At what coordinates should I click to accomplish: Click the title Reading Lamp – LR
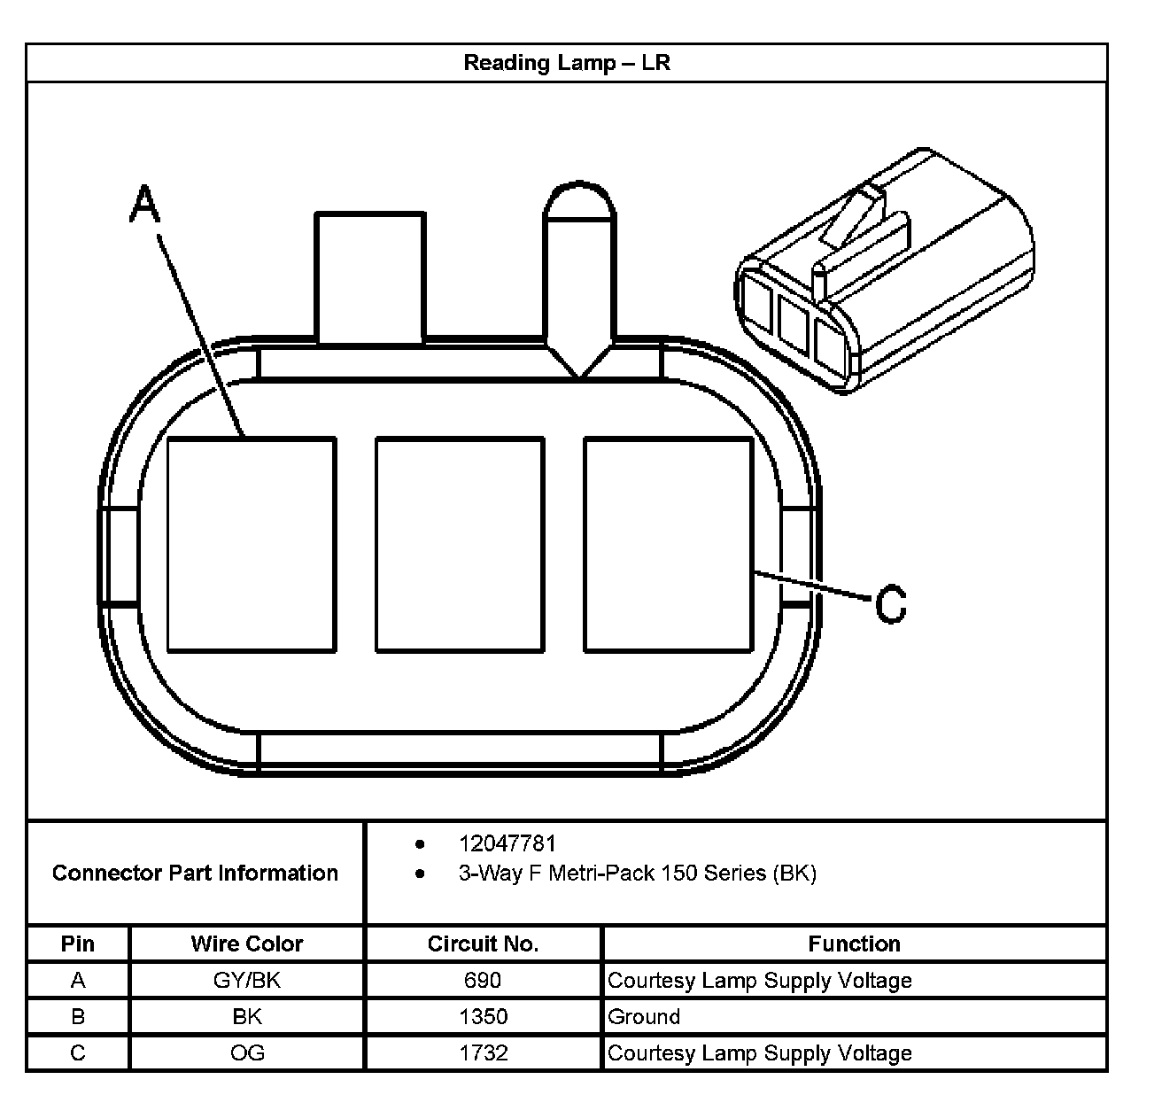point(567,63)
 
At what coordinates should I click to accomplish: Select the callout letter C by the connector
point(891,604)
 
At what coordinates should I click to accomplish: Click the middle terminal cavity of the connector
point(460,544)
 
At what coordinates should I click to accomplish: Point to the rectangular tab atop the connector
point(370,276)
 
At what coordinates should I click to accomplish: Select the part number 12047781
point(507,843)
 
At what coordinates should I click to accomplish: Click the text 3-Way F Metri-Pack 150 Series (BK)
point(637,874)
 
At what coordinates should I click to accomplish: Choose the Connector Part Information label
point(195,874)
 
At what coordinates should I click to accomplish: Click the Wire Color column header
point(246,944)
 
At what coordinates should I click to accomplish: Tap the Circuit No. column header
point(483,944)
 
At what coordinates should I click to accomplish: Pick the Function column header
point(854,944)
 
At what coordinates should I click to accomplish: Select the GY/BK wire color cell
point(246,981)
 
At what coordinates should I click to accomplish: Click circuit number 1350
point(483,1017)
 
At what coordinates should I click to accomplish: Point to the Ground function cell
point(644,1017)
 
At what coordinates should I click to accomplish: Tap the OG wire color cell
point(246,1053)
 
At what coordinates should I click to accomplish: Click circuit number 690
point(483,981)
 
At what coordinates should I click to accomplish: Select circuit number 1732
point(483,1053)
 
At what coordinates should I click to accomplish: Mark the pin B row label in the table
point(78,1017)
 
